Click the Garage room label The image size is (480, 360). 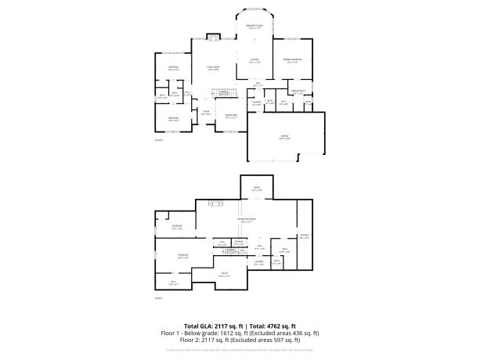click(x=284, y=138)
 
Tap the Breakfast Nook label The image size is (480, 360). click(x=254, y=27)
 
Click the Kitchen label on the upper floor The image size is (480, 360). click(x=254, y=59)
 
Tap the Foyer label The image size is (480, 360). click(x=207, y=111)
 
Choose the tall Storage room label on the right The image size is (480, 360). click(x=305, y=236)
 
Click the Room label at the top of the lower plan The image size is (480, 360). click(x=255, y=188)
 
